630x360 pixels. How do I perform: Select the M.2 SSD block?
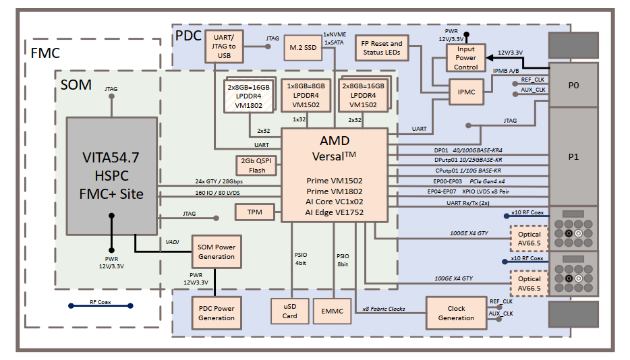303,47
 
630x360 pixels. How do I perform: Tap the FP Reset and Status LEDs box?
382,48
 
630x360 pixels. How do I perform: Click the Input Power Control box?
466,58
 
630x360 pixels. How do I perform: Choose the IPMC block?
467,92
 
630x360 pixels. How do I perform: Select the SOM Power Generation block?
217,251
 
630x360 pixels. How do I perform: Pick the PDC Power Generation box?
217,313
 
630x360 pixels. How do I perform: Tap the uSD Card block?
289,311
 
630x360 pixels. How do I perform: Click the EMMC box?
332,311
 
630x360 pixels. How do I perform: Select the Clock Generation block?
455,313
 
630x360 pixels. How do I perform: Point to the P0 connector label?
573,86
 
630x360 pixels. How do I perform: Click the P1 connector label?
573,156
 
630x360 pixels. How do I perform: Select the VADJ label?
173,241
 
